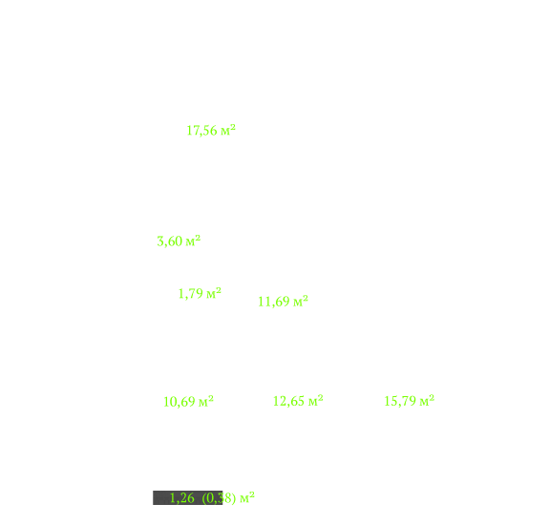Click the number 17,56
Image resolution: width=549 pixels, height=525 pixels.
pyautogui.click(x=201, y=131)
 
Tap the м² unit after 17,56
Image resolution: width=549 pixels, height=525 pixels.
pyautogui.click(x=228, y=130)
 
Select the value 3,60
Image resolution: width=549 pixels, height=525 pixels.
pyautogui.click(x=169, y=241)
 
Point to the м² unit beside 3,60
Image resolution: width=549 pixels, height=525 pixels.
pyautogui.click(x=193, y=241)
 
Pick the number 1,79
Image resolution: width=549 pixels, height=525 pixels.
pyautogui.click(x=190, y=294)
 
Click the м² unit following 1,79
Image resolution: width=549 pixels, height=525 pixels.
pyautogui.click(x=214, y=293)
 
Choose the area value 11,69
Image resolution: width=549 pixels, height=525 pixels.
pyautogui.click(x=273, y=302)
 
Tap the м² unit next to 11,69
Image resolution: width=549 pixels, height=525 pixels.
pyautogui.click(x=301, y=301)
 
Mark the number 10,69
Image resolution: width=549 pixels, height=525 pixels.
pyautogui.click(x=179, y=402)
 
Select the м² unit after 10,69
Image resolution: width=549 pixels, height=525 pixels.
pyautogui.click(x=206, y=401)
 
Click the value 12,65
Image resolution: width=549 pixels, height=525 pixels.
pyautogui.click(x=288, y=402)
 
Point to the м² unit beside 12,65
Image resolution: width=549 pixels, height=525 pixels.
pyautogui.click(x=315, y=401)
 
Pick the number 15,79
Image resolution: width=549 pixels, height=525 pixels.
pyautogui.click(x=400, y=402)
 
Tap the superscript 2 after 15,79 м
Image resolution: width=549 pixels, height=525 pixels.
pyautogui.click(x=432, y=398)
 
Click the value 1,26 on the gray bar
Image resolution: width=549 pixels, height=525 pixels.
pyautogui.click(x=181, y=498)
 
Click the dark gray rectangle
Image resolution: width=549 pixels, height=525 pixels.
pyautogui.click(x=188, y=497)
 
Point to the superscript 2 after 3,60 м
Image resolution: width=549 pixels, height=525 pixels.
pyautogui.click(x=198, y=239)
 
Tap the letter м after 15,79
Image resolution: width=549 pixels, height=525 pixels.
pyautogui.click(x=424, y=403)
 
